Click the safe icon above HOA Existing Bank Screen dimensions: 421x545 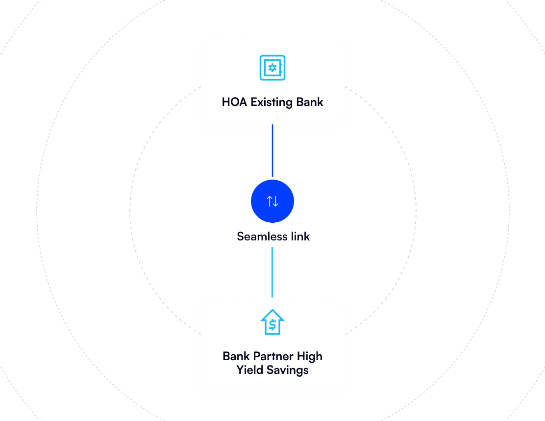click(x=272, y=68)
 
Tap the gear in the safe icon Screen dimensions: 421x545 click(x=272, y=68)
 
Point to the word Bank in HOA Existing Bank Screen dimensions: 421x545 click(x=310, y=102)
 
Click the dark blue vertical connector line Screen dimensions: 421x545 click(x=272, y=150)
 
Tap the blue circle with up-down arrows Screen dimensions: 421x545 click(x=272, y=201)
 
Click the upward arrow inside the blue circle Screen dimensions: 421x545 click(x=269, y=201)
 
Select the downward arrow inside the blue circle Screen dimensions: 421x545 click(x=275, y=201)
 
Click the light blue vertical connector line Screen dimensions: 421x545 click(x=272, y=272)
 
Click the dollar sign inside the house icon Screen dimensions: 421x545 click(x=272, y=325)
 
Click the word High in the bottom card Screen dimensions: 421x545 click(x=310, y=357)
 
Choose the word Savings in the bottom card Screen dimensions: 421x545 click(x=288, y=370)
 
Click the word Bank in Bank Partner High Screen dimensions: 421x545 click(x=236, y=356)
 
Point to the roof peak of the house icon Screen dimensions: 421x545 click(x=272, y=311)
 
